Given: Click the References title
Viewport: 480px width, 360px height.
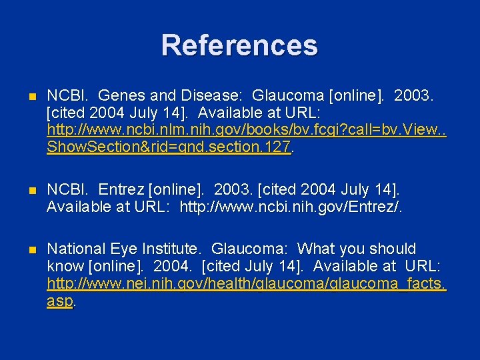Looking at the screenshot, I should click(x=239, y=45).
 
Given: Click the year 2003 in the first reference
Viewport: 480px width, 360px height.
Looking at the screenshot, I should click(x=414, y=96).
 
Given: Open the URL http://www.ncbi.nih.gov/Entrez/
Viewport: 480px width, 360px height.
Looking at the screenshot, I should click(x=291, y=209).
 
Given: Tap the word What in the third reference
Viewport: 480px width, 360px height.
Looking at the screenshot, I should click(x=316, y=249).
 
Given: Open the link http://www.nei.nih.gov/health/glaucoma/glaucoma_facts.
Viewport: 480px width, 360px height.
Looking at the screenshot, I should click(x=246, y=285).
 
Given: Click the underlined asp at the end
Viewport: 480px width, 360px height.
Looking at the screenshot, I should click(x=59, y=301).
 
